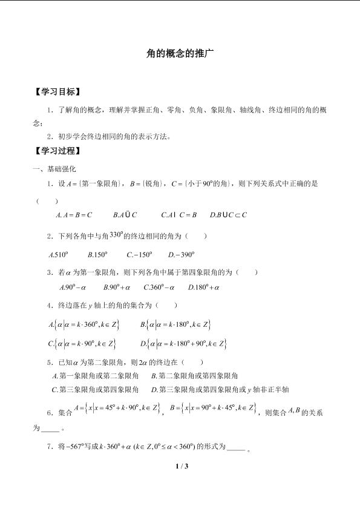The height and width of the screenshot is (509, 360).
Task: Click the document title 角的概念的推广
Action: [x=180, y=54]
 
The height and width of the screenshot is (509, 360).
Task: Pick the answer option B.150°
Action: [x=97, y=255]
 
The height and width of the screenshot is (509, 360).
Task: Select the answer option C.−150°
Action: [x=139, y=255]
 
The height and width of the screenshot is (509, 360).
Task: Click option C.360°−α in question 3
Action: [x=159, y=287]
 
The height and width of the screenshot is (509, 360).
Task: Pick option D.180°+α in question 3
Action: [x=203, y=287]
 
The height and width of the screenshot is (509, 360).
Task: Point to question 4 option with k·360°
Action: [x=84, y=325]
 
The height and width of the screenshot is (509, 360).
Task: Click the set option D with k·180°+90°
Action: [x=184, y=344]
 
